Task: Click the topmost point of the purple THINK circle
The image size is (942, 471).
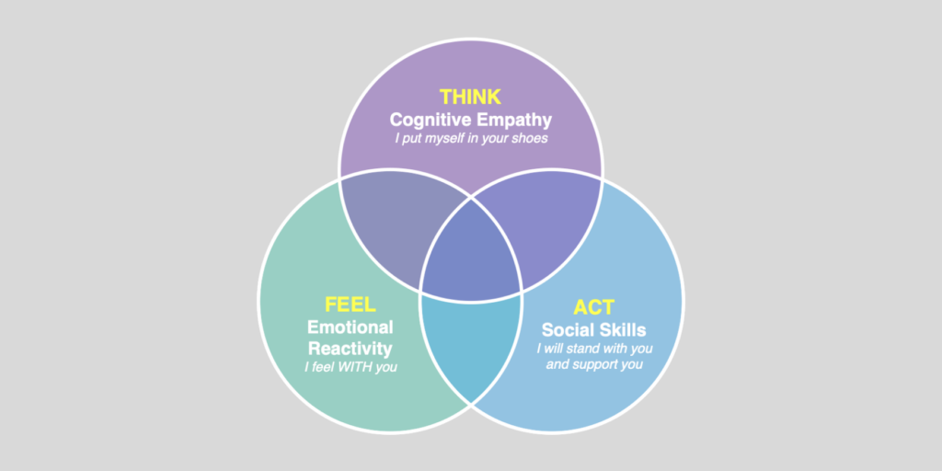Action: [x=471, y=39]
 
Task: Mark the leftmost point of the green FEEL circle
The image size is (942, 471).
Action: [x=258, y=301]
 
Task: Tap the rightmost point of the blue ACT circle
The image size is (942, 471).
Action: [x=684, y=301]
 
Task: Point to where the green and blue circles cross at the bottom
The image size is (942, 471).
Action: [x=471, y=404]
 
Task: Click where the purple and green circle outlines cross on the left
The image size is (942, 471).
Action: [x=340, y=178]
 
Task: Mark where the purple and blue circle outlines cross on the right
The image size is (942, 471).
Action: [x=602, y=178]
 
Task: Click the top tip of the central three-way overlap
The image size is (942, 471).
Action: [x=471, y=198]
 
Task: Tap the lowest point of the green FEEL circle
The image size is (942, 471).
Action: [x=390, y=432]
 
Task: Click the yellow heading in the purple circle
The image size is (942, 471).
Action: [x=470, y=97]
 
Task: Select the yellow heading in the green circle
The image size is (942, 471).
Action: [x=350, y=304]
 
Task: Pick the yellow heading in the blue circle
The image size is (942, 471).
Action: [x=593, y=307]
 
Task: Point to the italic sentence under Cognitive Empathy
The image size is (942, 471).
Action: [x=471, y=138]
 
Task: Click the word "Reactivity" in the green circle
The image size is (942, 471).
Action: [x=350, y=349]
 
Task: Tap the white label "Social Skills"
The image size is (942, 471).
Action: [x=593, y=330]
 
